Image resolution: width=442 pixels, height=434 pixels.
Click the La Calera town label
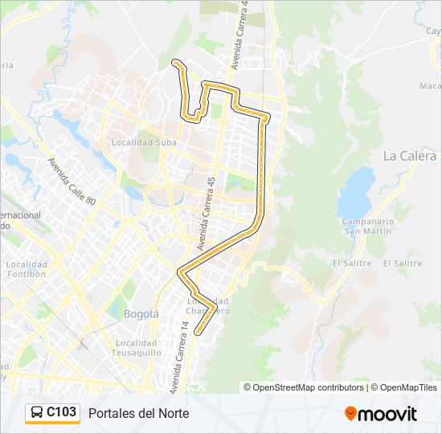[410, 156]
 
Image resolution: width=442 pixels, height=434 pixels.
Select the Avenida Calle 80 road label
[72, 181]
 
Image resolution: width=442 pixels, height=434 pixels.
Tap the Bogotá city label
[141, 313]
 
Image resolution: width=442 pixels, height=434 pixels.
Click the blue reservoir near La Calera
[356, 193]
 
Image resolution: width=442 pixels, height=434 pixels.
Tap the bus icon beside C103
[36, 413]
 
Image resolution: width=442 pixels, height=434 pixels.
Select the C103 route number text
[62, 413]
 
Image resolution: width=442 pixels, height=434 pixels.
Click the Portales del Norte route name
[139, 413]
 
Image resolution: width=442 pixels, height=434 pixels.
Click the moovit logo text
[388, 414]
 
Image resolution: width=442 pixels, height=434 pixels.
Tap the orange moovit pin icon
[350, 413]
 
